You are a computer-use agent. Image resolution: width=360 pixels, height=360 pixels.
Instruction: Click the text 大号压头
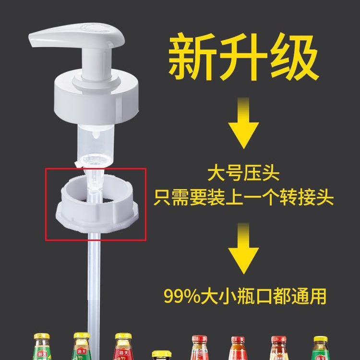point(243,171)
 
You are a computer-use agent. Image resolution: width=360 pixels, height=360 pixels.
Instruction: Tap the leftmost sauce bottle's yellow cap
point(42,336)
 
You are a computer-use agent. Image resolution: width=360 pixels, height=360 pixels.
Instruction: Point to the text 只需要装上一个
point(216,197)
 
